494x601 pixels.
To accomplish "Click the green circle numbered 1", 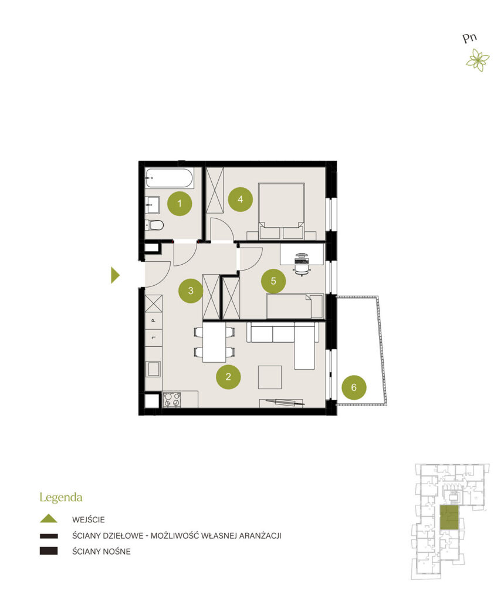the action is point(180,204).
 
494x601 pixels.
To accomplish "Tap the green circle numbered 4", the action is point(241,200).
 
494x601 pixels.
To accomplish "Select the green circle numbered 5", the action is point(273,281).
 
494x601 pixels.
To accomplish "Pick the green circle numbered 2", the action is point(228,377).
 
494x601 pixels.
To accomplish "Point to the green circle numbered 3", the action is point(191,291).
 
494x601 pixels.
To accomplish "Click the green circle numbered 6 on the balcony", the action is point(354,387).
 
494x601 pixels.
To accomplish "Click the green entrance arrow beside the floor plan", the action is point(115,275).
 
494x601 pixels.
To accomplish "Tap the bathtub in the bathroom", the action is point(168,178).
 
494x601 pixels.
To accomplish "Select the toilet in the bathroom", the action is point(154,225).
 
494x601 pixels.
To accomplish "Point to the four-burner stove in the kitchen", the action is point(172,399).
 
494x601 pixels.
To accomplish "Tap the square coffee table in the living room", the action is point(269,377).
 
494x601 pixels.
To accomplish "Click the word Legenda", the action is point(61,498).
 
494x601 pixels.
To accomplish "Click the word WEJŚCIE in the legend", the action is point(88,520).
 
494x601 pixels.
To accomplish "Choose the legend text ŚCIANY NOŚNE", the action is point(101,552).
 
